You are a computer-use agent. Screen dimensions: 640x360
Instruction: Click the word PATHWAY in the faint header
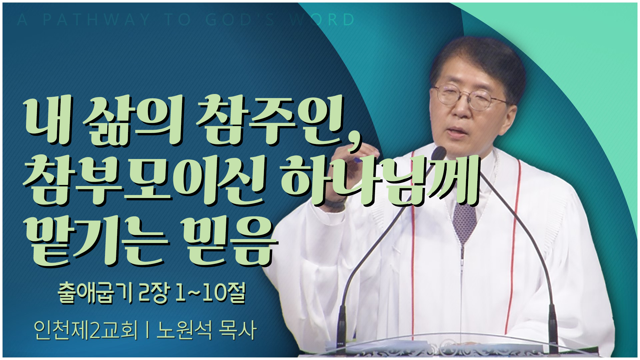coord(96,20)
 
